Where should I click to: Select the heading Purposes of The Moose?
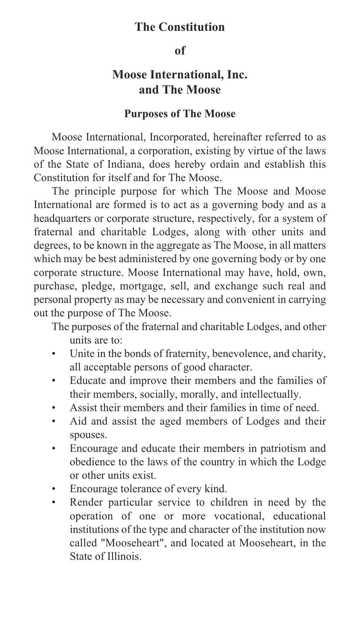(x=180, y=114)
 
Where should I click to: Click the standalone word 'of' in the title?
(x=180, y=51)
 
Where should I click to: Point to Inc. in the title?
(x=237, y=74)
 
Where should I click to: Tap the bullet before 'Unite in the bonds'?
(x=54, y=354)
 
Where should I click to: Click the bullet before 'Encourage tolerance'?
(x=54, y=489)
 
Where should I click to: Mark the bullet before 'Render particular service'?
(x=54, y=502)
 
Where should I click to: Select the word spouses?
(x=88, y=435)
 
